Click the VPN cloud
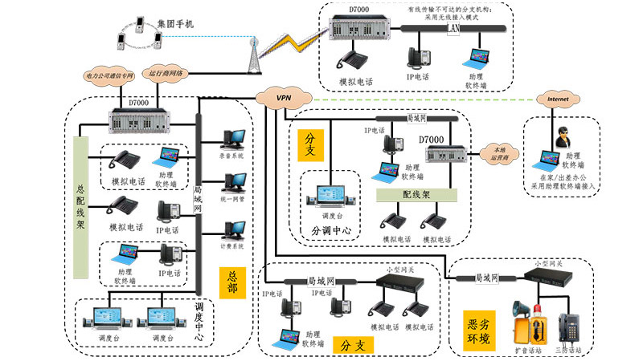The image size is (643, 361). tap(282, 97)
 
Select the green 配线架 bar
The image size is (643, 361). tap(416, 194)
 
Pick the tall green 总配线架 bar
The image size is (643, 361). tap(80, 207)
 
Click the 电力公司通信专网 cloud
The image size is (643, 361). tap(111, 75)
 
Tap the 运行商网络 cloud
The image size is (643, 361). tap(166, 72)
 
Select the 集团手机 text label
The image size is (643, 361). tap(175, 24)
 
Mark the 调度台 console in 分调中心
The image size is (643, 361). tap(331, 196)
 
